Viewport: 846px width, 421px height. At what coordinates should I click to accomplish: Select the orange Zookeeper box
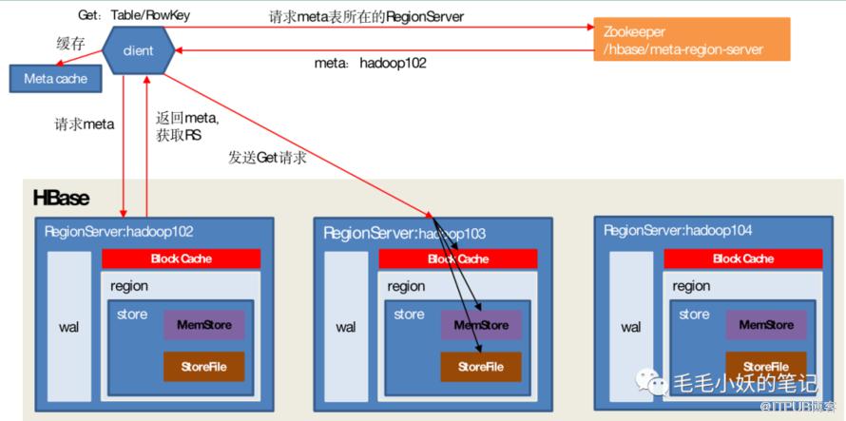point(691,40)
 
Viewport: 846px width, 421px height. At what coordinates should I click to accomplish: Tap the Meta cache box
point(55,79)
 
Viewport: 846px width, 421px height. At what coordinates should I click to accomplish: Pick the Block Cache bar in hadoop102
point(181,258)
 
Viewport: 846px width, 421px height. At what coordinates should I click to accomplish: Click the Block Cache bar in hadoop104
point(743,258)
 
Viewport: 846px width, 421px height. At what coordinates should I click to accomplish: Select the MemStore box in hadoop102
point(203,325)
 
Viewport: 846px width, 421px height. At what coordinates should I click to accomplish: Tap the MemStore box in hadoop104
point(766,325)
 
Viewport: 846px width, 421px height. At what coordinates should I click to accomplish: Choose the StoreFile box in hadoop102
point(203,367)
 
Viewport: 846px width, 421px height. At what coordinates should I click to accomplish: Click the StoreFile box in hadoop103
point(480,367)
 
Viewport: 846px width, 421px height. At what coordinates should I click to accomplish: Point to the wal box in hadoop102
point(68,327)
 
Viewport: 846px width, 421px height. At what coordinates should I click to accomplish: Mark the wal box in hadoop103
point(346,327)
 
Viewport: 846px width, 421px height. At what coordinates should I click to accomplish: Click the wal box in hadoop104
point(631,327)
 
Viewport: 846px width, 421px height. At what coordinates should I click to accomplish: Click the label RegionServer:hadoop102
point(119,231)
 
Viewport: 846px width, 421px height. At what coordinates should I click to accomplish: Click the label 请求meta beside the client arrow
point(85,124)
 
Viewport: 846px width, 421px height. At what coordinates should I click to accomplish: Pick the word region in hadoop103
point(406,286)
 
